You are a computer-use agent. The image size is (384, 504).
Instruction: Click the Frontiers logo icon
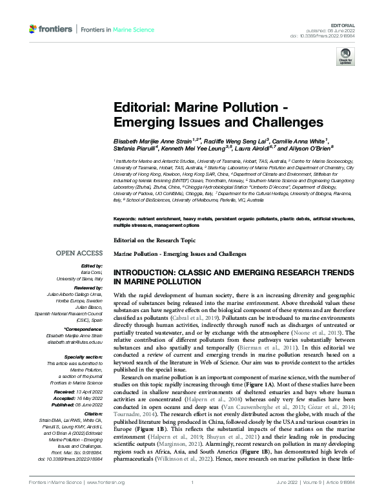pos(34,29)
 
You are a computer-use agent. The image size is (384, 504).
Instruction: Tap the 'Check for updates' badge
pos(345,58)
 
